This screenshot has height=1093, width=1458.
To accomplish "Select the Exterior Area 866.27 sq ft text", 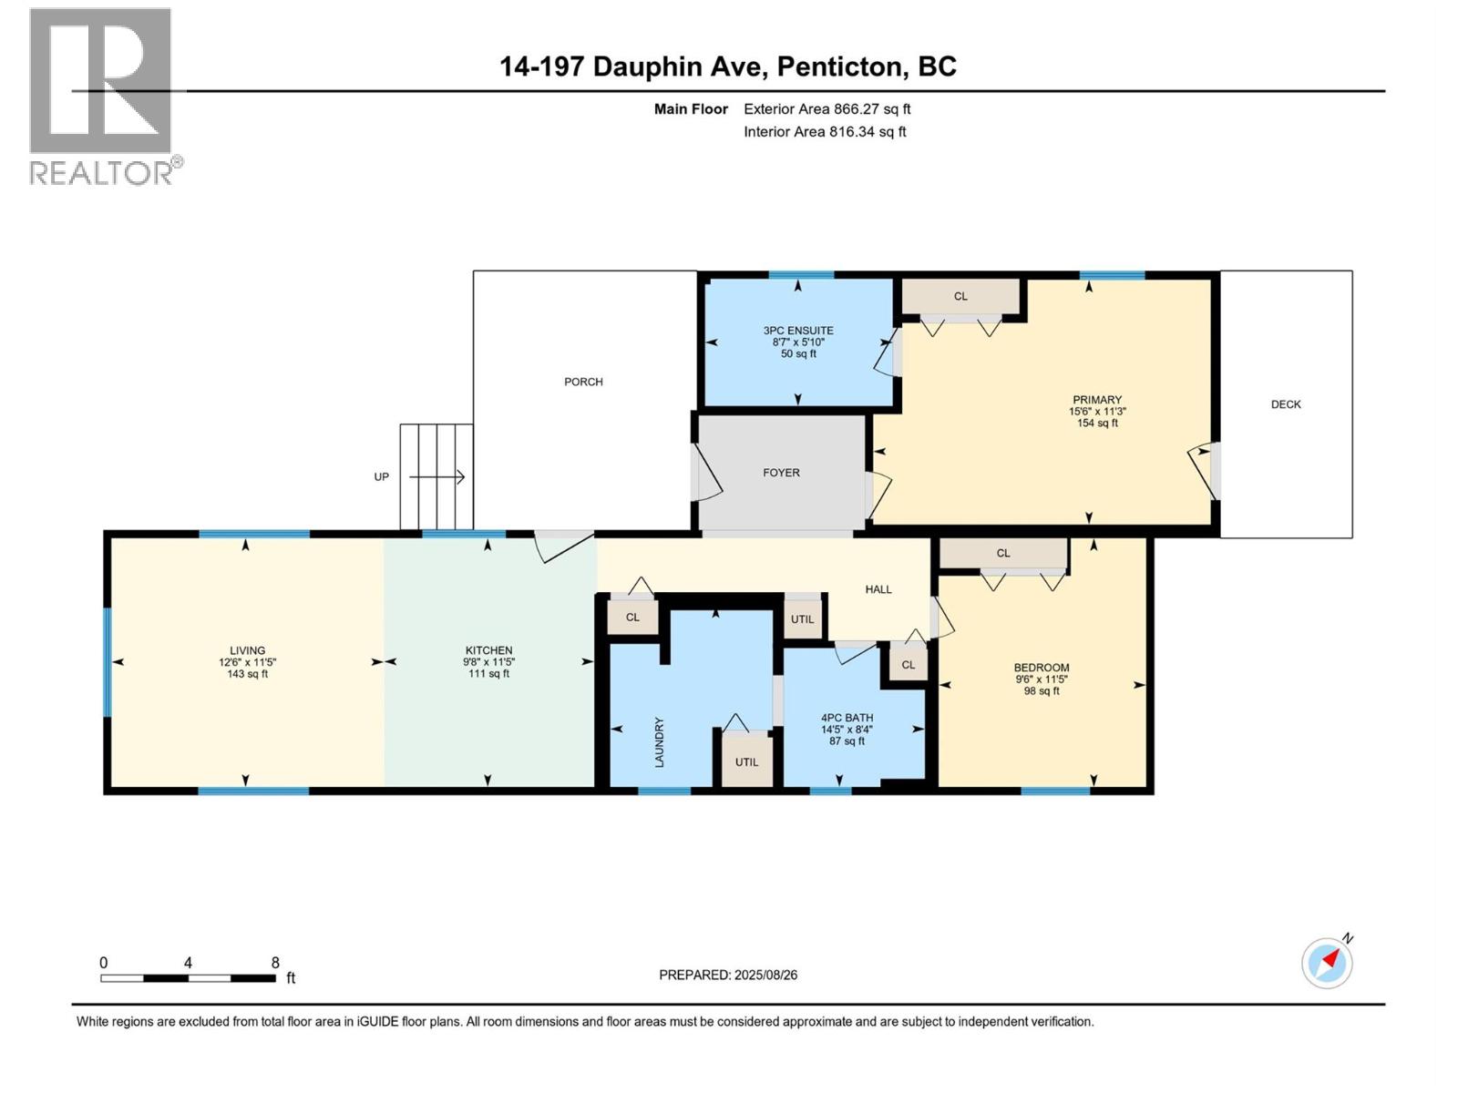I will click(827, 109).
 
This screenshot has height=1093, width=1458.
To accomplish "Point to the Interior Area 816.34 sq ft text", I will click(825, 131).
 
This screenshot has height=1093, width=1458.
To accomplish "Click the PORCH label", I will click(583, 382).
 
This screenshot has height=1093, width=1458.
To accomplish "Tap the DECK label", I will click(1286, 404).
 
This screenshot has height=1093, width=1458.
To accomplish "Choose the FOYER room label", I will click(781, 473).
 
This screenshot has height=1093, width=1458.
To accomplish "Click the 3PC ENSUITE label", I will click(798, 331).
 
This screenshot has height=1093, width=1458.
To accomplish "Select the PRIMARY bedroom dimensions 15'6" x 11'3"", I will click(1097, 412).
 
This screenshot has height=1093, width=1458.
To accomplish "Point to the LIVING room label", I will click(247, 650).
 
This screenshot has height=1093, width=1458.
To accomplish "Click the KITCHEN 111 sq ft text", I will click(488, 674).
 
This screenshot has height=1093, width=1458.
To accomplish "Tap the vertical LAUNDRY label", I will click(659, 741).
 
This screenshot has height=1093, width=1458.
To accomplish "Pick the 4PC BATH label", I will click(847, 718).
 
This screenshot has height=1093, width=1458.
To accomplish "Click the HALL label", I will click(878, 589).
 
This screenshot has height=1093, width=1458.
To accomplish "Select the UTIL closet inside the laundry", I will click(746, 761).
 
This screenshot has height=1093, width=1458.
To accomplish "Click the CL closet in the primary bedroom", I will click(960, 296).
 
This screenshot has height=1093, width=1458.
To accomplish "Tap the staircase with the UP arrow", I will click(436, 476).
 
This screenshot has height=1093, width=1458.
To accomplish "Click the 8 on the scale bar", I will click(275, 963).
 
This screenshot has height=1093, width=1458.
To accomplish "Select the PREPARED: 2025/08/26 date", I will click(728, 975).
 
